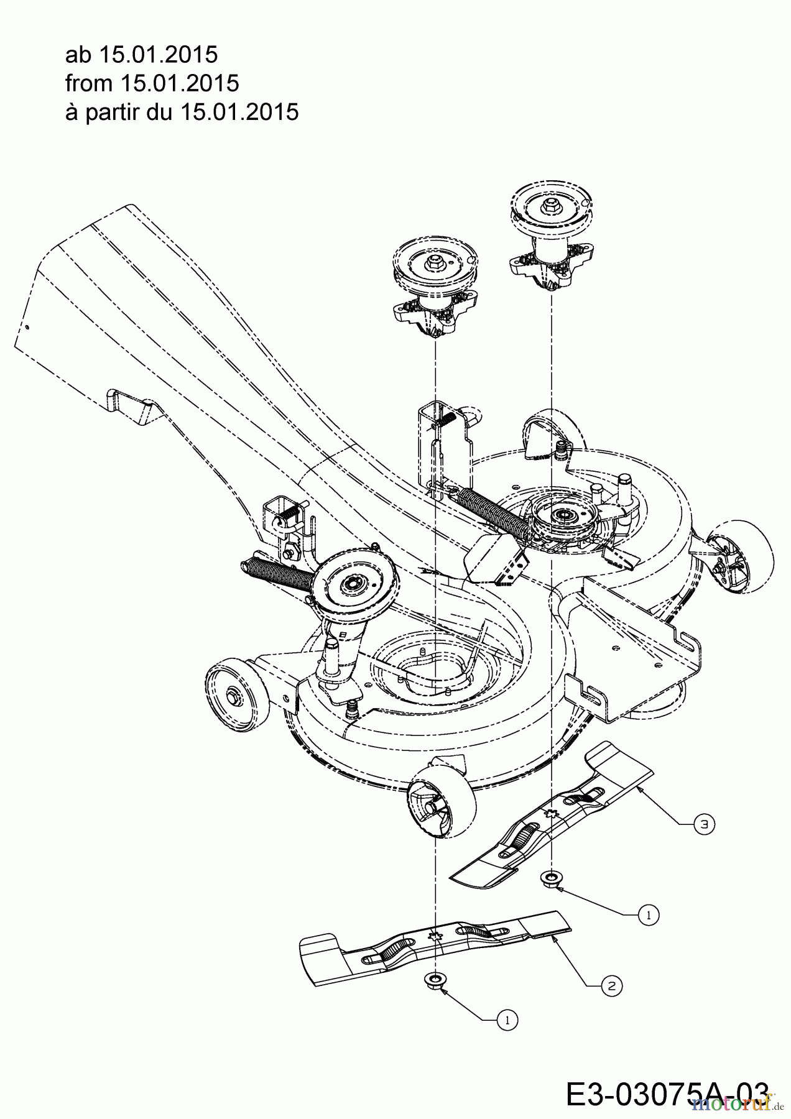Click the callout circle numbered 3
tap(703, 825)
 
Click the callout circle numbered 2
tap(612, 985)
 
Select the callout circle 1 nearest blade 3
tap(649, 915)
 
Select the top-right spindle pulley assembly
tap(550, 237)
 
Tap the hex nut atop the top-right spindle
tap(550, 203)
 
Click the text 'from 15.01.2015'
tap(152, 83)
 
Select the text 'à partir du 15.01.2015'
tap(182, 112)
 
